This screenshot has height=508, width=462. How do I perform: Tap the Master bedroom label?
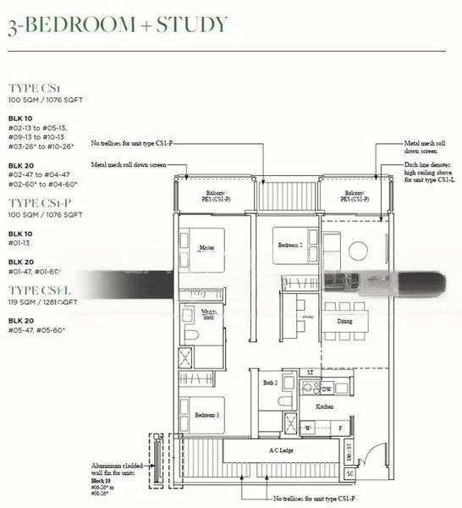click(x=205, y=248)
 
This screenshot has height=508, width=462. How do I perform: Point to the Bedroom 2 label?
click(x=291, y=246)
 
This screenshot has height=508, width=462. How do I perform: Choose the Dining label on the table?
click(x=344, y=321)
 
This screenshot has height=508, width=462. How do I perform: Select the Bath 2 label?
click(x=270, y=382)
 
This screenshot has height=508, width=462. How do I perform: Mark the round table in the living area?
click(x=355, y=252)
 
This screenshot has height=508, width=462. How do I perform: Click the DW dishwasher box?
click(x=327, y=389)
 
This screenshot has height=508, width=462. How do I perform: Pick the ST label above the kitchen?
click(x=310, y=372)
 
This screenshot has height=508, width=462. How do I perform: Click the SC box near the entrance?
click(x=350, y=472)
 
